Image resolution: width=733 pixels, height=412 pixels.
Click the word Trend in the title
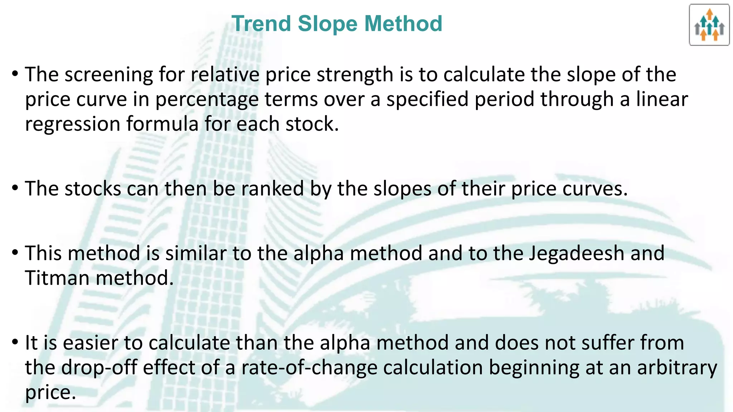coord(261,24)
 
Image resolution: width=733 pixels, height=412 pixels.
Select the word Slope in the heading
coord(327,24)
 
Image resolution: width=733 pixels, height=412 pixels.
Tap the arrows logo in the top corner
coord(709,25)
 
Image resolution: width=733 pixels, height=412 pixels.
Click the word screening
coord(109,75)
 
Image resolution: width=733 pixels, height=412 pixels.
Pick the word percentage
coord(207,99)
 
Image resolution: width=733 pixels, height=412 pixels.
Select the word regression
coord(73,124)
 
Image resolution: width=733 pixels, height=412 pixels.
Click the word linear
coord(662,99)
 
